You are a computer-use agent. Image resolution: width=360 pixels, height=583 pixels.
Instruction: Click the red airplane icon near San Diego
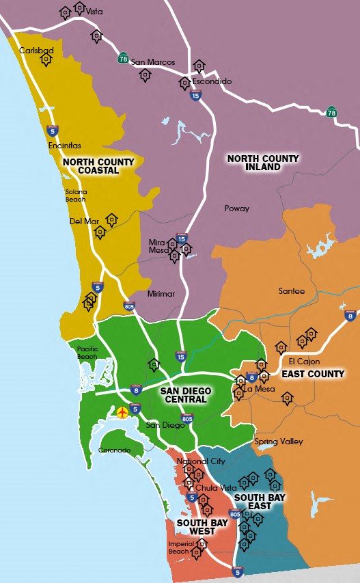123,412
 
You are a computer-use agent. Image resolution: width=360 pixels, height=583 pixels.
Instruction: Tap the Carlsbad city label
36,51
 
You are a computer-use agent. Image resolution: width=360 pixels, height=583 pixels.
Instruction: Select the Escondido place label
212,81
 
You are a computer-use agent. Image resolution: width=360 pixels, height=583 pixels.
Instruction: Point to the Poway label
237,208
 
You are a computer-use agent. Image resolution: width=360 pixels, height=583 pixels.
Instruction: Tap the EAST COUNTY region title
314,374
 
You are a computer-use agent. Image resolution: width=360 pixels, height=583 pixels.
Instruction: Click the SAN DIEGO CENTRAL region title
185,396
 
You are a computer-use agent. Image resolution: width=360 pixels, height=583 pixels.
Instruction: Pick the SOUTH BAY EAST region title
260,502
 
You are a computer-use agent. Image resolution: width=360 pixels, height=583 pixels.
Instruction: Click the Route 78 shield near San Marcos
123,57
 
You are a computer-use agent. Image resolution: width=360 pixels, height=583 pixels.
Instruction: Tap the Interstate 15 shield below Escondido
195,97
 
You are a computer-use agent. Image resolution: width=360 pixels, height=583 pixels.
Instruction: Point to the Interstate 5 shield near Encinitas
52,130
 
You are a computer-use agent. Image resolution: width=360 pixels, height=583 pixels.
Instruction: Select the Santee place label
292,291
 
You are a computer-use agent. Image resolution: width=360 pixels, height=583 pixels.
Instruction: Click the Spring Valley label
279,442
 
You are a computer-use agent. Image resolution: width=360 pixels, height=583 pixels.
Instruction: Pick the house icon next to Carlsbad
46,60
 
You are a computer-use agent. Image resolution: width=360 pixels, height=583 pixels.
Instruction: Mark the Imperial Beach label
178,547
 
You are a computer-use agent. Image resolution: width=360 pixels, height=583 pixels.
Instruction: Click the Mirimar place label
161,294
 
